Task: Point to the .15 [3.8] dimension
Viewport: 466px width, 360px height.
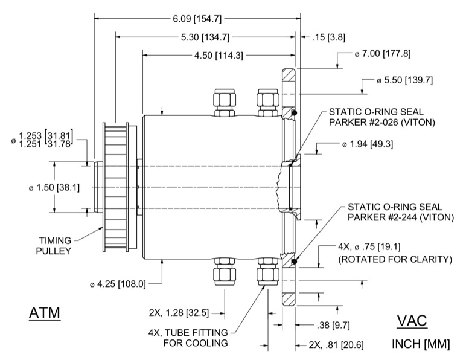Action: click(328, 37)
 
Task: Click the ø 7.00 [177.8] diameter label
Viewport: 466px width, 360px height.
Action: click(383, 54)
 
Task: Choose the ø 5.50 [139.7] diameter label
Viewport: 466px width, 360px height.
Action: click(404, 80)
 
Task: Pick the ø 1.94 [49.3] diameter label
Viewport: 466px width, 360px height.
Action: click(370, 144)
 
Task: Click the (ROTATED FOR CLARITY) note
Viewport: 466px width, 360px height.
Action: click(395, 260)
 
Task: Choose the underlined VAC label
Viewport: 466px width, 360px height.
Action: click(412, 320)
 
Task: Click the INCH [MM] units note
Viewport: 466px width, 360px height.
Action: click(421, 345)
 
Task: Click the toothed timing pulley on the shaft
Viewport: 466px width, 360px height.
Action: click(118, 187)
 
